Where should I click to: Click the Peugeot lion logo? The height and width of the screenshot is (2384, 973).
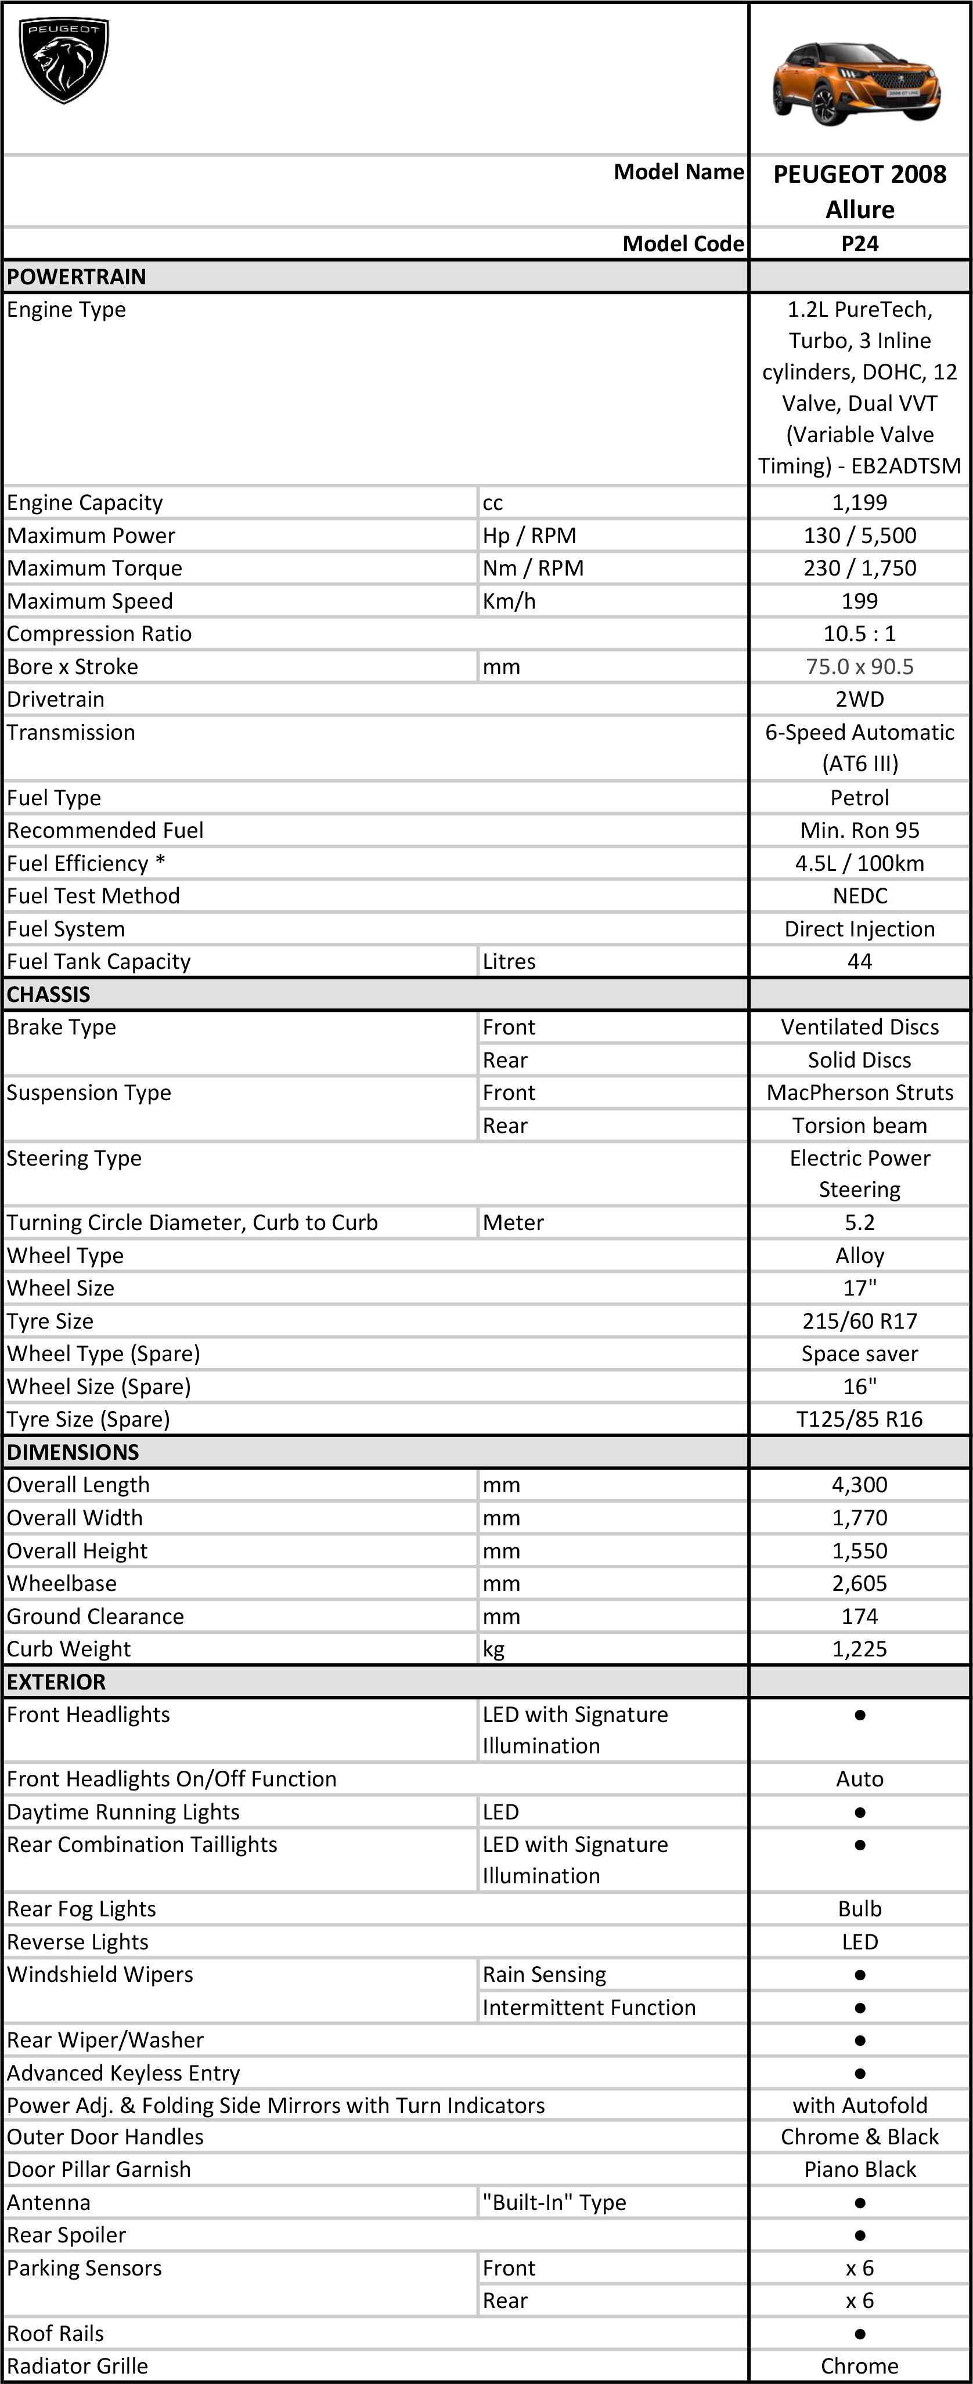64,61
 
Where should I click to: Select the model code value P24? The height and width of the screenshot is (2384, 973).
859,244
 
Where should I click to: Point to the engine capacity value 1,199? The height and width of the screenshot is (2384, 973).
859,502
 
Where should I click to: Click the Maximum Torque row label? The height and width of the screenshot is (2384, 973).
95,568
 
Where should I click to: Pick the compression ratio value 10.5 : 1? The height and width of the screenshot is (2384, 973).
859,634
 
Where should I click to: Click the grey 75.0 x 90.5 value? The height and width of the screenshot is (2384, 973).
859,666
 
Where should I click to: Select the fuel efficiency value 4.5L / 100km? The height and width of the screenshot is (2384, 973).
859,863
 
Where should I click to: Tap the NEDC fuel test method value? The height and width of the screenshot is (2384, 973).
859,896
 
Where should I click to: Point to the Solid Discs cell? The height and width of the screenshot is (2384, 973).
859,1059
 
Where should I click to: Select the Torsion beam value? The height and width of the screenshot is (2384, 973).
859,1126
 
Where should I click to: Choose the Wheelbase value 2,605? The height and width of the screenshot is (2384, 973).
859,1583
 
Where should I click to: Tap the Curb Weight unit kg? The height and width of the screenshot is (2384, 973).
493,1649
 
